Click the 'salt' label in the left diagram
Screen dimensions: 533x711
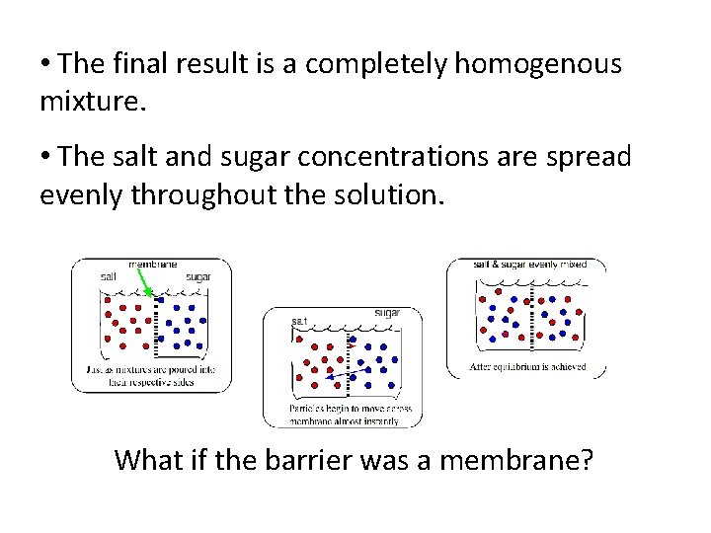pyautogui.click(x=109, y=277)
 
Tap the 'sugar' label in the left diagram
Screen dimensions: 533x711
pyautogui.click(x=198, y=277)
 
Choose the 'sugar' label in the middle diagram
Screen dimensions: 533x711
pyautogui.click(x=388, y=313)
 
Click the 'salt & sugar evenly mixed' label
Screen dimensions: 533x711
pyautogui.click(x=530, y=265)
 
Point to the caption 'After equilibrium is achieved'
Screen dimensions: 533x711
pyautogui.click(x=528, y=367)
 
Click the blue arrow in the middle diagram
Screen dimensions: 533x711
pyautogui.click(x=341, y=375)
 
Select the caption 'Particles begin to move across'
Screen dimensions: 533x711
pyautogui.click(x=351, y=409)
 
